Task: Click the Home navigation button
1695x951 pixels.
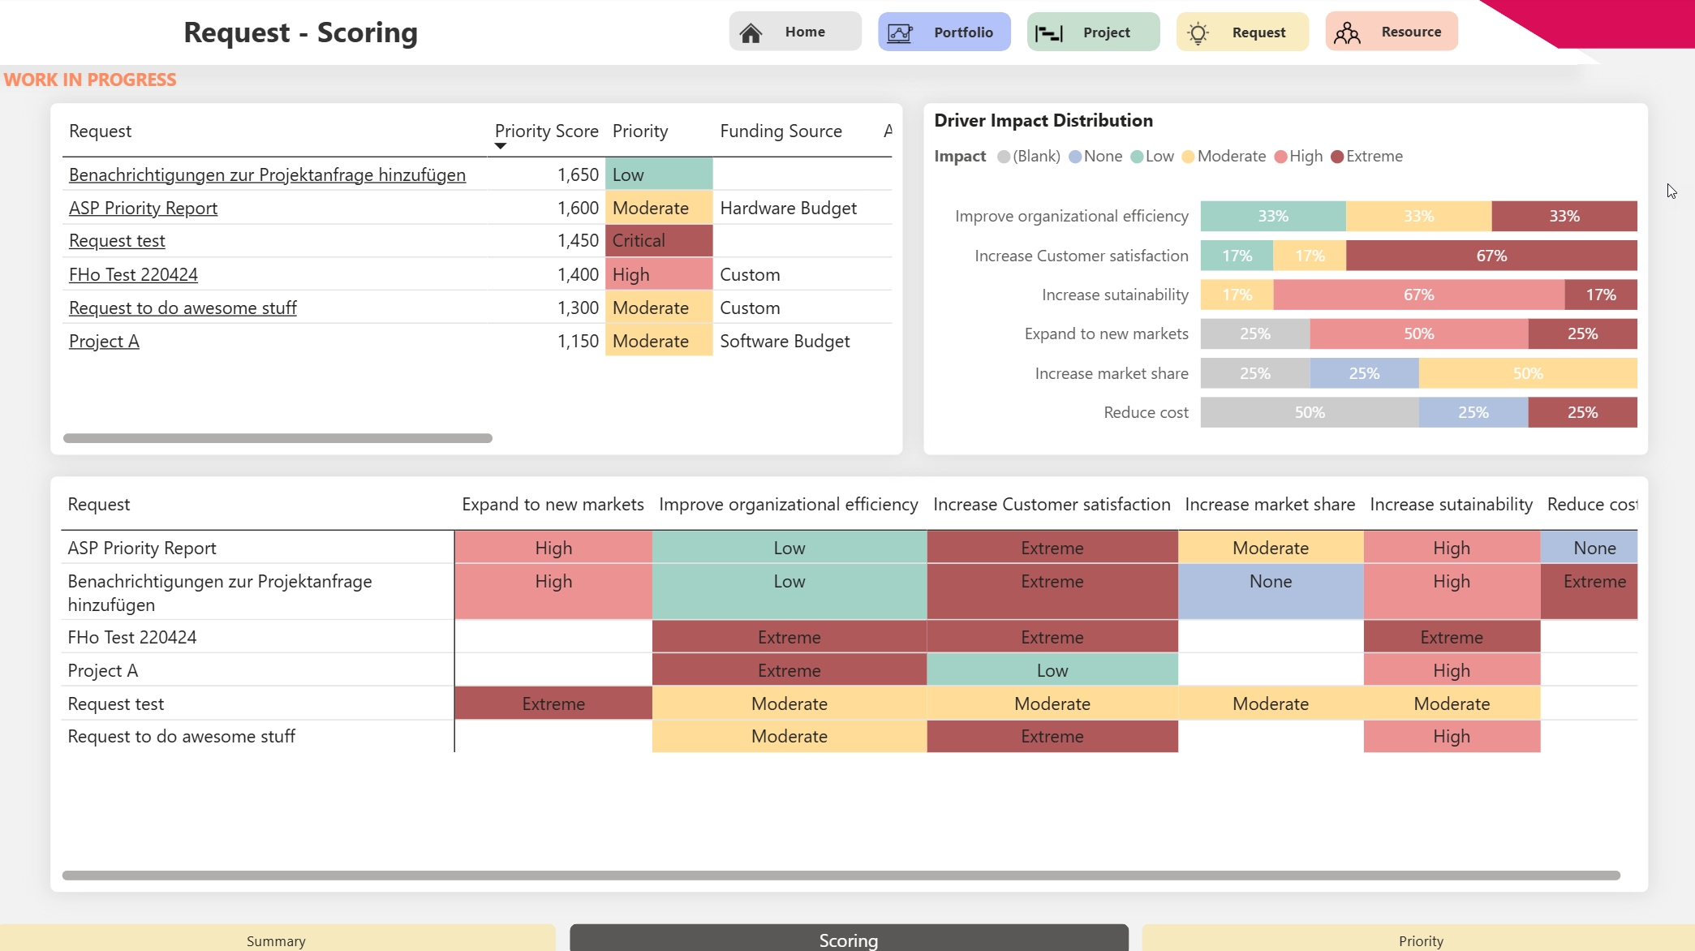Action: pos(795,32)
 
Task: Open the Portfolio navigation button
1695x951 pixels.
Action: pos(944,32)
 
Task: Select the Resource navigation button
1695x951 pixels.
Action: pos(1392,32)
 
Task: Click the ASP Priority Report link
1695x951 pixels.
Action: pos(143,208)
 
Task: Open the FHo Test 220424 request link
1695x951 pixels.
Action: pos(133,274)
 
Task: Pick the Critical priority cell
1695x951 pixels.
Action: pos(659,241)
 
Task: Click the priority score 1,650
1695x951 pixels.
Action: pos(578,174)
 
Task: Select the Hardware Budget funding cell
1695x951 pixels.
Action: pos(788,208)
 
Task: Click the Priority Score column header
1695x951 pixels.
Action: pos(546,131)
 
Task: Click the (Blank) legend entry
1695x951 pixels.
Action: pos(1029,156)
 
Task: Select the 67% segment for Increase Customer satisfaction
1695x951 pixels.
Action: pos(1491,256)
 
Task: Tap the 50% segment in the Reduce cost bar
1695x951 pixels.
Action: pos(1310,412)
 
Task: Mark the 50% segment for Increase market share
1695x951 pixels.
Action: pos(1528,373)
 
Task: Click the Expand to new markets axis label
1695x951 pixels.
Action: pos(1106,333)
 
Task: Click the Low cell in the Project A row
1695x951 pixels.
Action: pos(1052,670)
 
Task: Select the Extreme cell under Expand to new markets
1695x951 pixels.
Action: pos(553,704)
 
